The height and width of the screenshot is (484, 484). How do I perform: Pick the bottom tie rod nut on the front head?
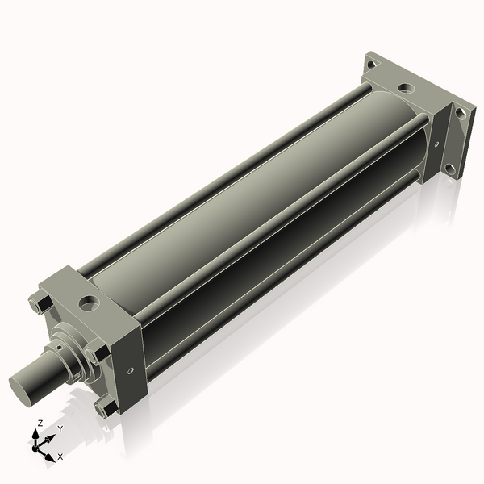tap(103, 409)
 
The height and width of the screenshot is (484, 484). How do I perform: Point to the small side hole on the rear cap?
tap(436, 145)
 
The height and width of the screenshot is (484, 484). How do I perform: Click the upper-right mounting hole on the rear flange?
tap(461, 114)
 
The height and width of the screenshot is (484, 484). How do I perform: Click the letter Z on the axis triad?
tap(40, 423)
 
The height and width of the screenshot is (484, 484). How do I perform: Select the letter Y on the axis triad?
tap(60, 429)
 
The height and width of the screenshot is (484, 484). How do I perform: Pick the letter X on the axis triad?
tap(60, 456)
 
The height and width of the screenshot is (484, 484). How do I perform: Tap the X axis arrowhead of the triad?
tap(49, 453)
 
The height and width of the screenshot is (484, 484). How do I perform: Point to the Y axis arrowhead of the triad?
tap(51, 437)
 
